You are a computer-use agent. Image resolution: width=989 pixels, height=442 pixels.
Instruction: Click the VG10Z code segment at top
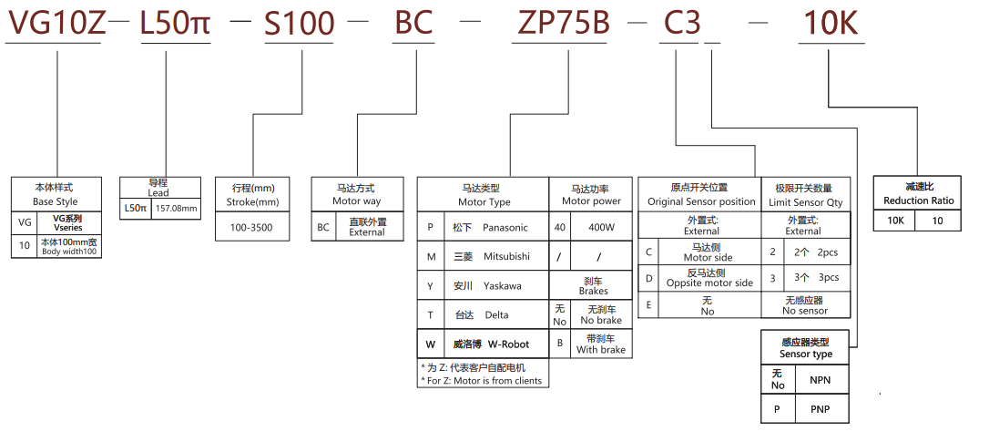click(56, 23)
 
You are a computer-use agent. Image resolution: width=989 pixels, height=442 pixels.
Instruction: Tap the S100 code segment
click(300, 23)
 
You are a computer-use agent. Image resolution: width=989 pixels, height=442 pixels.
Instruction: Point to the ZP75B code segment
click(561, 23)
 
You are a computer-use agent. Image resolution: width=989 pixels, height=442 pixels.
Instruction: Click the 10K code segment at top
click(830, 23)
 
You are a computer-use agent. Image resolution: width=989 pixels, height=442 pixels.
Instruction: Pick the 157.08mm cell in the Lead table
click(177, 209)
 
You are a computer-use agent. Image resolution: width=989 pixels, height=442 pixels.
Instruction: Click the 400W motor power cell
click(601, 227)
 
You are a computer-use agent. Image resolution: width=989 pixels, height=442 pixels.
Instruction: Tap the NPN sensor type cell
click(819, 379)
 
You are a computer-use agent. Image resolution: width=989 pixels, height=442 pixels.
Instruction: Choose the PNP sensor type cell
click(819, 408)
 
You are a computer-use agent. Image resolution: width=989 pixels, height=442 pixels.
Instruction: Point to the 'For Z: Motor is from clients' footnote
click(482, 380)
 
